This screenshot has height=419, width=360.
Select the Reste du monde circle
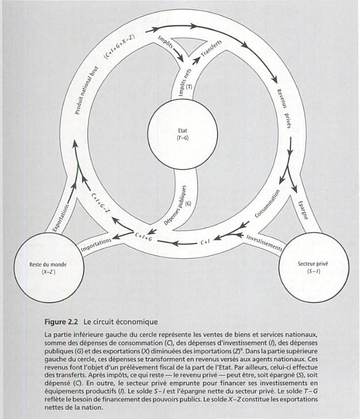pos(48,268)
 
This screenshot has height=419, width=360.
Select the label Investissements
pos(264,242)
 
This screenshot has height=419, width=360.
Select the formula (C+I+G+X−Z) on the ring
pos(119,46)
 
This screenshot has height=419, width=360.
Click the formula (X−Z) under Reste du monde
pos(48,272)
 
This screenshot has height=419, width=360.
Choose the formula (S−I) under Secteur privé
pos(313,271)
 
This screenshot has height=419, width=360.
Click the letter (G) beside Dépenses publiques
pos(189,203)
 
